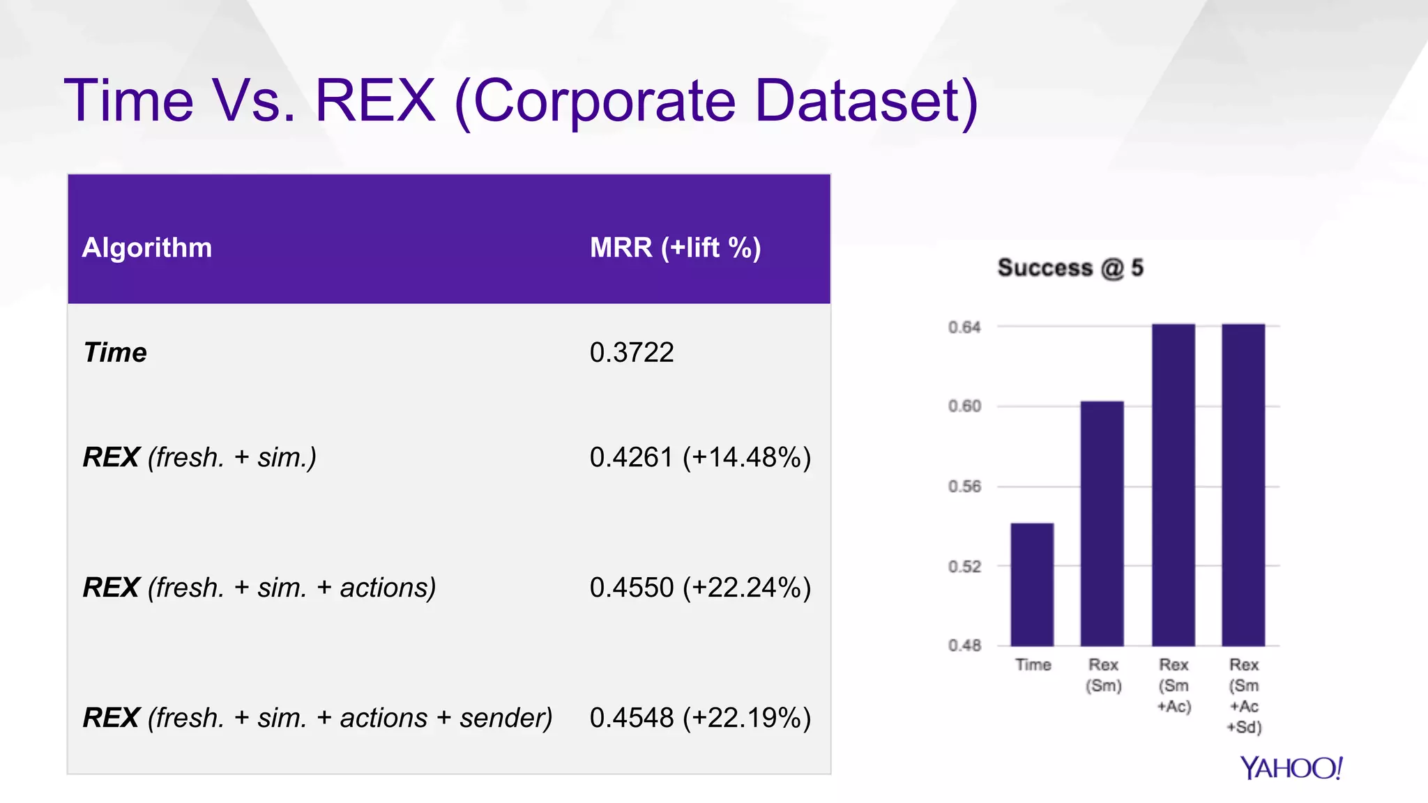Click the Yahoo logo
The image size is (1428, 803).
(x=1291, y=768)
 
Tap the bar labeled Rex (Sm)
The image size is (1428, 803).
(x=1102, y=523)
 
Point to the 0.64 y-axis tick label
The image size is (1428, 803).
(x=964, y=327)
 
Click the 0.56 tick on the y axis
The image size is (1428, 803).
(x=964, y=487)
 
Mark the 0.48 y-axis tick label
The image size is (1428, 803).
(x=964, y=645)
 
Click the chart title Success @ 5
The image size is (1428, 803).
(x=1070, y=268)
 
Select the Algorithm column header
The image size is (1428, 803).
(x=147, y=248)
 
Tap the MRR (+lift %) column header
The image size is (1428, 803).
(x=675, y=248)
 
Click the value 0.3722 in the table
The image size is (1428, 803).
(x=632, y=353)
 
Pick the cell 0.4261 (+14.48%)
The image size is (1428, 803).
(x=700, y=458)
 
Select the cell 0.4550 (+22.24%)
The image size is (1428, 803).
(x=700, y=588)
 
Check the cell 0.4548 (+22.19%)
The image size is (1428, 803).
(x=700, y=718)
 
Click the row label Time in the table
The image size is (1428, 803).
(x=115, y=353)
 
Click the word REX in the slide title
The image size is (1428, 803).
(x=376, y=101)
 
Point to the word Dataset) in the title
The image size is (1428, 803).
(x=867, y=101)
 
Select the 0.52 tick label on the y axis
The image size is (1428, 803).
(x=964, y=567)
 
